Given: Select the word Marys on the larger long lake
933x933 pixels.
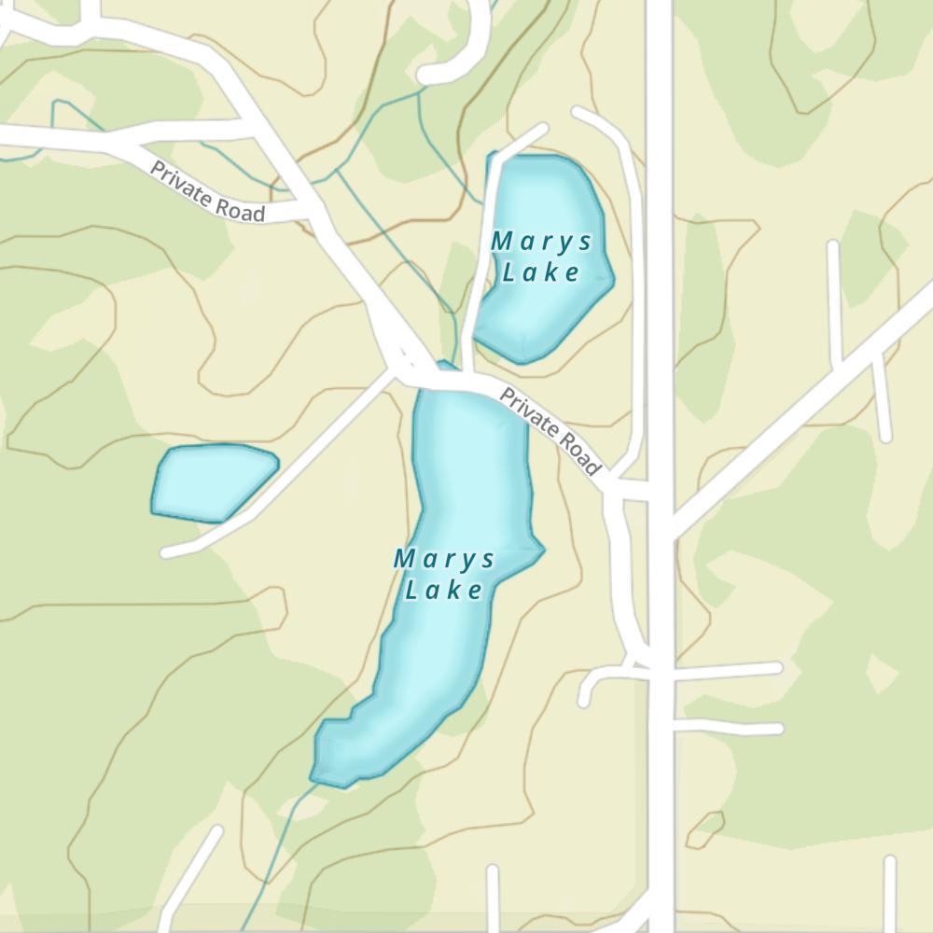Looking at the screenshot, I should tap(444, 560).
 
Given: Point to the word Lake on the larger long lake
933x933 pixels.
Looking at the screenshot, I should tap(444, 590).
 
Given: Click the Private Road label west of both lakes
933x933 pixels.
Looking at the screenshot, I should tap(207, 194).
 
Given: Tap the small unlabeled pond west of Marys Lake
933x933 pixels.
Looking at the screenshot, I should tap(213, 481).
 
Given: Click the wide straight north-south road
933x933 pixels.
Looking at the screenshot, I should tap(660, 280).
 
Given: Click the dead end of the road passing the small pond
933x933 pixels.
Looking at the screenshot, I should tap(169, 552).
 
